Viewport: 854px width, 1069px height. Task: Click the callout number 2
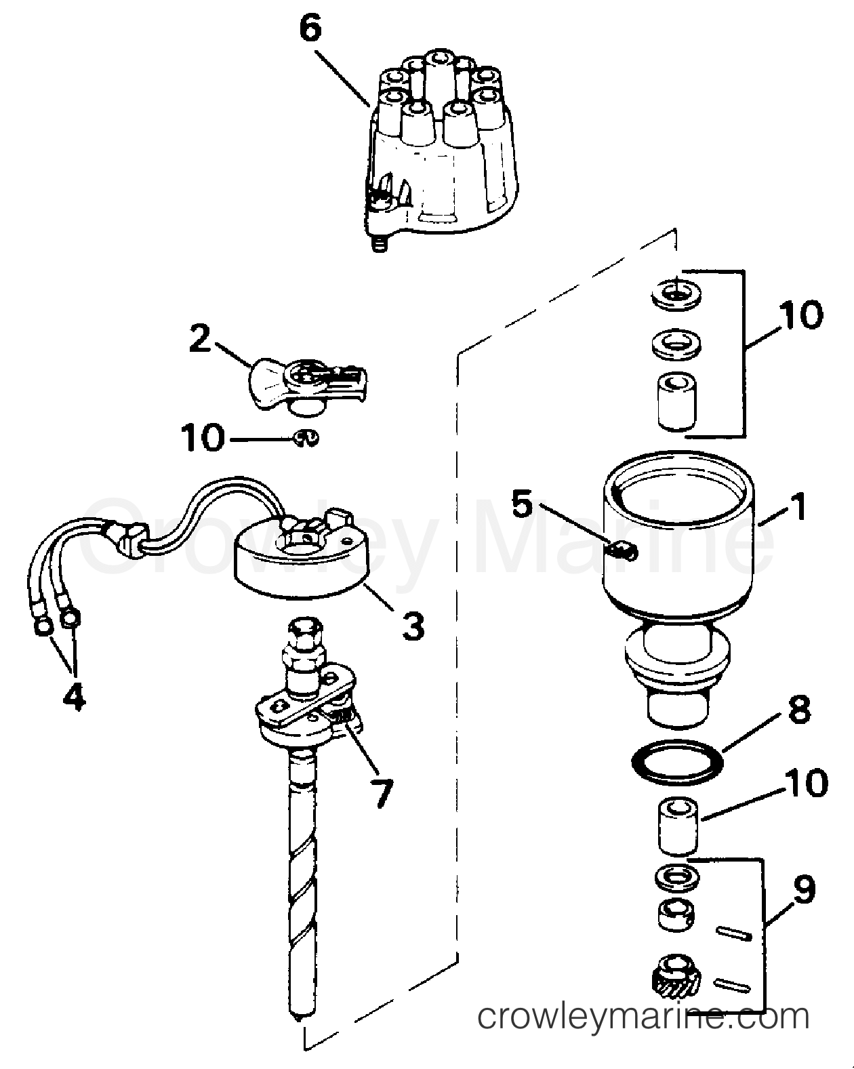200,339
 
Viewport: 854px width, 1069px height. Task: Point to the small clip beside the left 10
305,438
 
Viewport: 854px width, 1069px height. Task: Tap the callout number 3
413,626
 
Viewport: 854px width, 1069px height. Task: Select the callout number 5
522,505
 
